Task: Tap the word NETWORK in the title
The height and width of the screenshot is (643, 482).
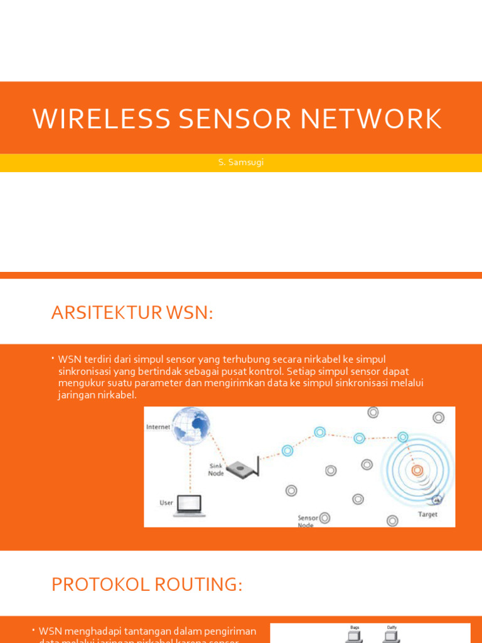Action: [x=371, y=119]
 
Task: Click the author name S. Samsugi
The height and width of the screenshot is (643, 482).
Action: [x=241, y=163]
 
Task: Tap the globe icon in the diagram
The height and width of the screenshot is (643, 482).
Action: [x=191, y=424]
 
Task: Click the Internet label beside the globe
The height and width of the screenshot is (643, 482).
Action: [x=158, y=427]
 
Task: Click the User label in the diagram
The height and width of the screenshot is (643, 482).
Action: [x=166, y=503]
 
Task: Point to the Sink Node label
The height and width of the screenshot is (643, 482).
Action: [x=216, y=470]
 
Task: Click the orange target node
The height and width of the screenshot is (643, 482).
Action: [x=417, y=470]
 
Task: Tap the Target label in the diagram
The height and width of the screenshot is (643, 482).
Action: [x=428, y=514]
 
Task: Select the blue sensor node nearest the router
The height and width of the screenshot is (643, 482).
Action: [x=287, y=450]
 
